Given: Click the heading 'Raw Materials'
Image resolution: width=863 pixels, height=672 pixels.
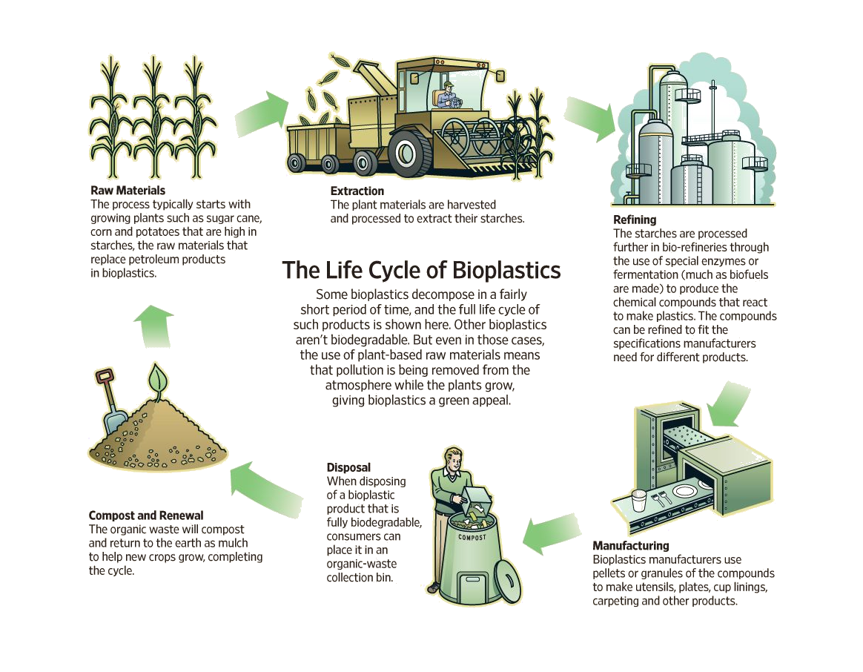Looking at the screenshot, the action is tap(128, 191).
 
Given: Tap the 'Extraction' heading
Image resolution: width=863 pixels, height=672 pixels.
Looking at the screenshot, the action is tap(357, 191).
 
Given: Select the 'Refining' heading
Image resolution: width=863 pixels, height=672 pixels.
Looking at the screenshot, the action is tap(635, 220).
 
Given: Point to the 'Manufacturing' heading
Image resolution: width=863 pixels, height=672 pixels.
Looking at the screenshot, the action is tap(631, 546).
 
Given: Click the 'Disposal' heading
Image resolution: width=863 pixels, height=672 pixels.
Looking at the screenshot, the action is tap(348, 467).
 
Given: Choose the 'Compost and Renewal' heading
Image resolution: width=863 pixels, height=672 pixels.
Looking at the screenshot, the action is tap(146, 515).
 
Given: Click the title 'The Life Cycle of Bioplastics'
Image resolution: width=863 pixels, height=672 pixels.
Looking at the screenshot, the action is tap(421, 271).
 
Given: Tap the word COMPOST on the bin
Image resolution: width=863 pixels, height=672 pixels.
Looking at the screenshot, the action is tap(472, 537).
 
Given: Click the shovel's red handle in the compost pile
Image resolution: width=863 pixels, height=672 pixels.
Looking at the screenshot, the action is tap(105, 377).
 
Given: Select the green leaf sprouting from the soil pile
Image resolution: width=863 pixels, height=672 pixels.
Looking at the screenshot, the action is tap(157, 379).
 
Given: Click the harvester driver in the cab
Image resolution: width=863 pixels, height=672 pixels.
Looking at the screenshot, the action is tap(447, 96).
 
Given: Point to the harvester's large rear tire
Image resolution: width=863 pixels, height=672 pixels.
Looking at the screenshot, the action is tap(408, 153).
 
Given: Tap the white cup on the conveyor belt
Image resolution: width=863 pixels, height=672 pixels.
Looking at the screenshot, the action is tap(638, 501).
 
